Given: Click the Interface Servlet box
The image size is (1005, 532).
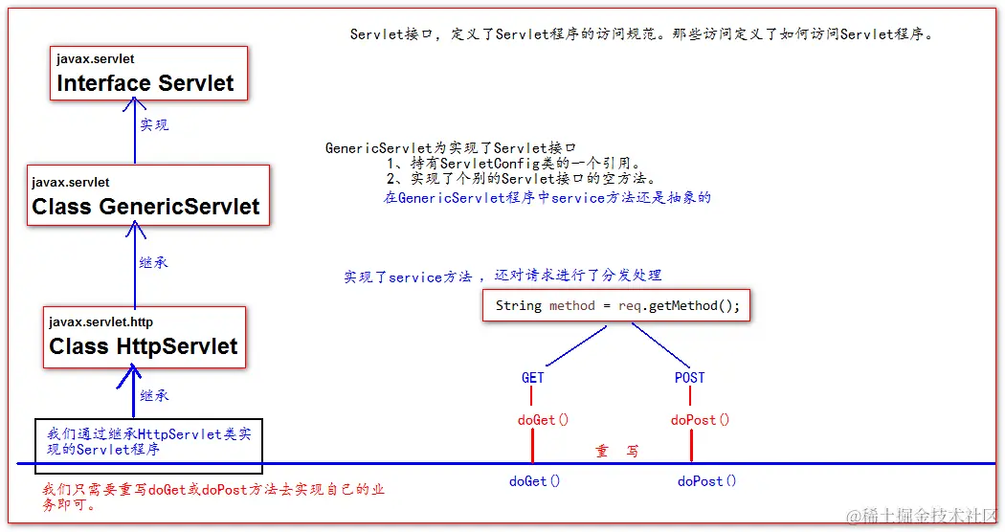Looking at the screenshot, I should coord(148,74).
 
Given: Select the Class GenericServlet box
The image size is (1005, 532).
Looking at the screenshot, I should coord(148,196).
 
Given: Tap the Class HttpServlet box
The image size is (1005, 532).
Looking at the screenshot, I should coord(145,337).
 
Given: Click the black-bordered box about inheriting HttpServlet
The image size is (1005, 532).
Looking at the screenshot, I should coord(148,445).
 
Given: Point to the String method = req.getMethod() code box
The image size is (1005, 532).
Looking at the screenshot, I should coord(616,305).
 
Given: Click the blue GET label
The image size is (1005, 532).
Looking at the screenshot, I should coord(533,377).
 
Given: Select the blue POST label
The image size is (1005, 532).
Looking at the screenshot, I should coord(689,377).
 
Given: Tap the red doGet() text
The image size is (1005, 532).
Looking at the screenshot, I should coord(543,419).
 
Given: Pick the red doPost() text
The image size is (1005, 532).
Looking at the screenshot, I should coord(700,419).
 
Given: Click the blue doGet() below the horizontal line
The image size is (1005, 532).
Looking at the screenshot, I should coord(534,481).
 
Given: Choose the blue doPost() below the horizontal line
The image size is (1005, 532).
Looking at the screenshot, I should coord(706,481).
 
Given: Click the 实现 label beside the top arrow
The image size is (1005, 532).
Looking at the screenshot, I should coord(154,125).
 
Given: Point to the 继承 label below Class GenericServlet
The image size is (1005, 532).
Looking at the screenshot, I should coord(153,262).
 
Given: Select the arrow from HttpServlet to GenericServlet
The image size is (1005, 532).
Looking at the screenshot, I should coord(134,268).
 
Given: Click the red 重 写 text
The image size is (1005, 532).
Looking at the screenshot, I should coord(617,451).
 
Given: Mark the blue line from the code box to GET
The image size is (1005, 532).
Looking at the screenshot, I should coord(570,344).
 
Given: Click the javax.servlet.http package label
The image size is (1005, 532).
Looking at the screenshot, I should coord(100,322).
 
